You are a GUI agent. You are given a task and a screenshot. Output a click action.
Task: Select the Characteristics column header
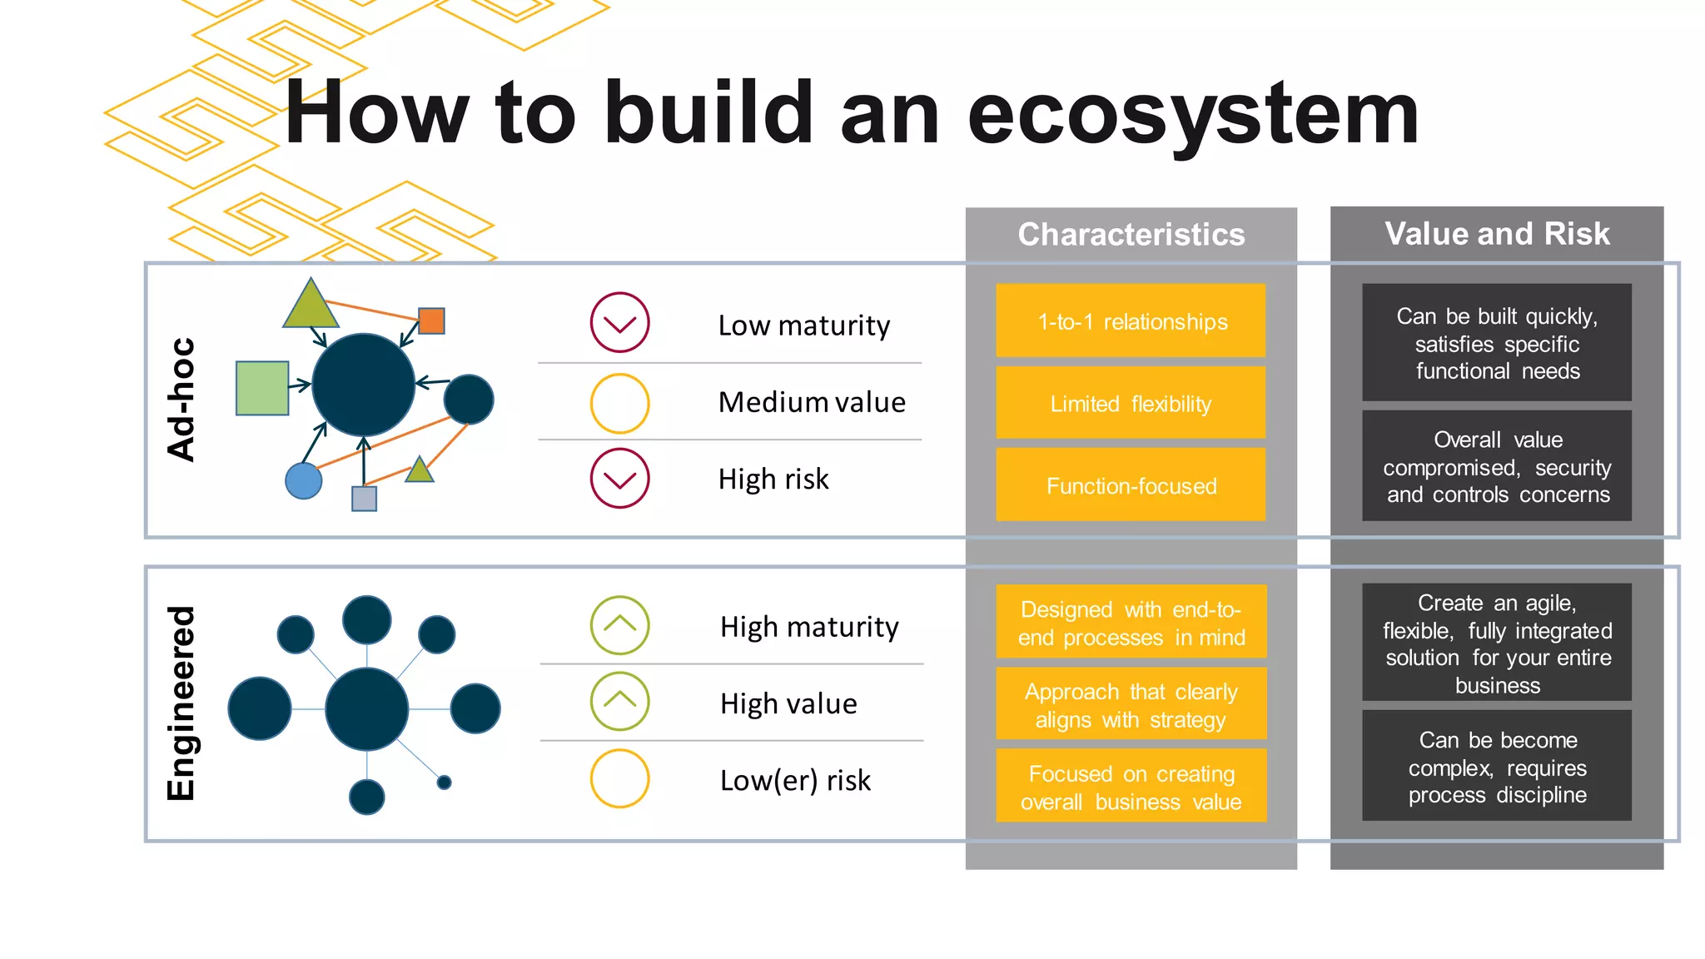click(1131, 235)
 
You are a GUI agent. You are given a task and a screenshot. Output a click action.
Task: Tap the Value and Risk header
click(1496, 234)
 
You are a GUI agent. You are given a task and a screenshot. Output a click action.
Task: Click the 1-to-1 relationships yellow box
click(1131, 321)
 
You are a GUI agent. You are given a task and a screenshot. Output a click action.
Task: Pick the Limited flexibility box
click(1131, 404)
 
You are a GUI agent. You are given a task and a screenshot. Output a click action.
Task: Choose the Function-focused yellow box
click(1131, 485)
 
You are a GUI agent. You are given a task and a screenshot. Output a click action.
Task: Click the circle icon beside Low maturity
click(619, 322)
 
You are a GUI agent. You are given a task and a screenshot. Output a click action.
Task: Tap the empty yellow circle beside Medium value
click(619, 404)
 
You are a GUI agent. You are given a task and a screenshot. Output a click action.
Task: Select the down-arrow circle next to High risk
click(619, 478)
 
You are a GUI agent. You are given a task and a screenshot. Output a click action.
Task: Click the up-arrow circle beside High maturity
click(619, 625)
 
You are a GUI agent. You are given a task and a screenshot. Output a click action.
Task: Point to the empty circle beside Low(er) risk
click(619, 779)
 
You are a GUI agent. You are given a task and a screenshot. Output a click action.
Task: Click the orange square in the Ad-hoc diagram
click(431, 320)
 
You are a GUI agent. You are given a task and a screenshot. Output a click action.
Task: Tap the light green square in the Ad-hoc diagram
click(262, 388)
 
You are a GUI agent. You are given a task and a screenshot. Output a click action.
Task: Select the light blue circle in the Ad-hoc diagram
click(303, 481)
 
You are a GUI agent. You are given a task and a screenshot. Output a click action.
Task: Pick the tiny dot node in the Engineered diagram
click(444, 783)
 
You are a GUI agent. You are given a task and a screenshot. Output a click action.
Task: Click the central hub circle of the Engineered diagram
click(366, 708)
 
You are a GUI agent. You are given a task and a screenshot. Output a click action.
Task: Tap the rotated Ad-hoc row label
click(181, 400)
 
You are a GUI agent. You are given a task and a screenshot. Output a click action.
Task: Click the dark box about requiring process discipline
click(1496, 767)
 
